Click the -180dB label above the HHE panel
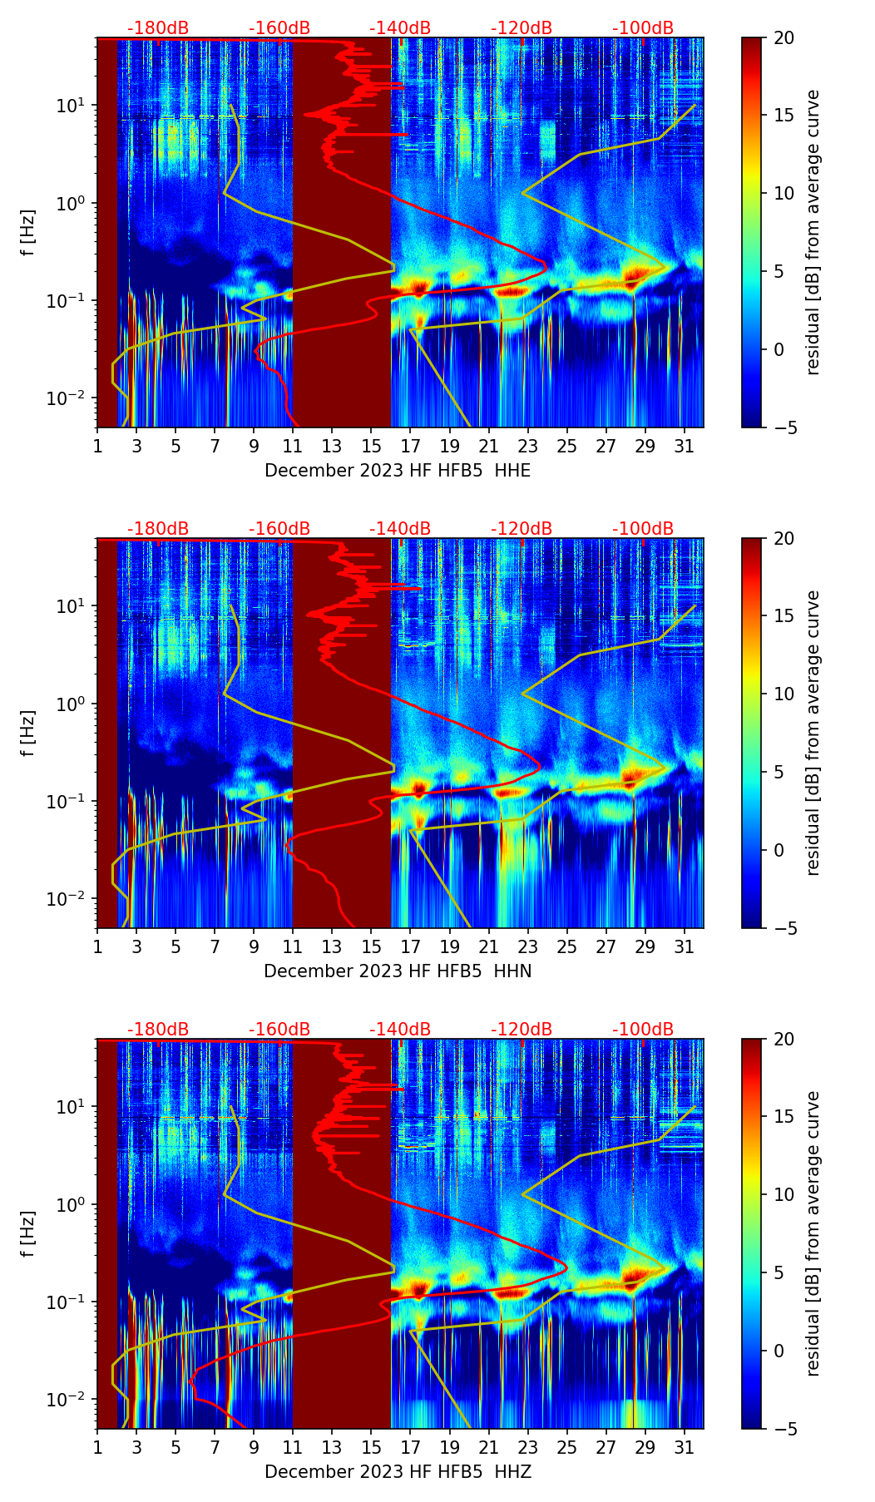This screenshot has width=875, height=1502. (x=158, y=28)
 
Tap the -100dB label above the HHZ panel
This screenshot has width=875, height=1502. (x=643, y=1030)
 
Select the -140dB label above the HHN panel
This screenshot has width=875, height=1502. (x=400, y=529)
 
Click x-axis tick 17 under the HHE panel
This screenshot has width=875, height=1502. (x=411, y=446)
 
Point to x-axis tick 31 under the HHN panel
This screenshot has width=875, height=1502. (x=684, y=946)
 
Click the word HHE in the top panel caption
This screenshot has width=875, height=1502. (x=512, y=471)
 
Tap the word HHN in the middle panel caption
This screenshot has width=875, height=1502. (x=512, y=971)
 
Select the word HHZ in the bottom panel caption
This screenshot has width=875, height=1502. (x=512, y=1472)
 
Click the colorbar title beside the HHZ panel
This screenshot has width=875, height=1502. (x=813, y=1233)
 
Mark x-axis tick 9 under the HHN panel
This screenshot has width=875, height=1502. (x=254, y=946)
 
